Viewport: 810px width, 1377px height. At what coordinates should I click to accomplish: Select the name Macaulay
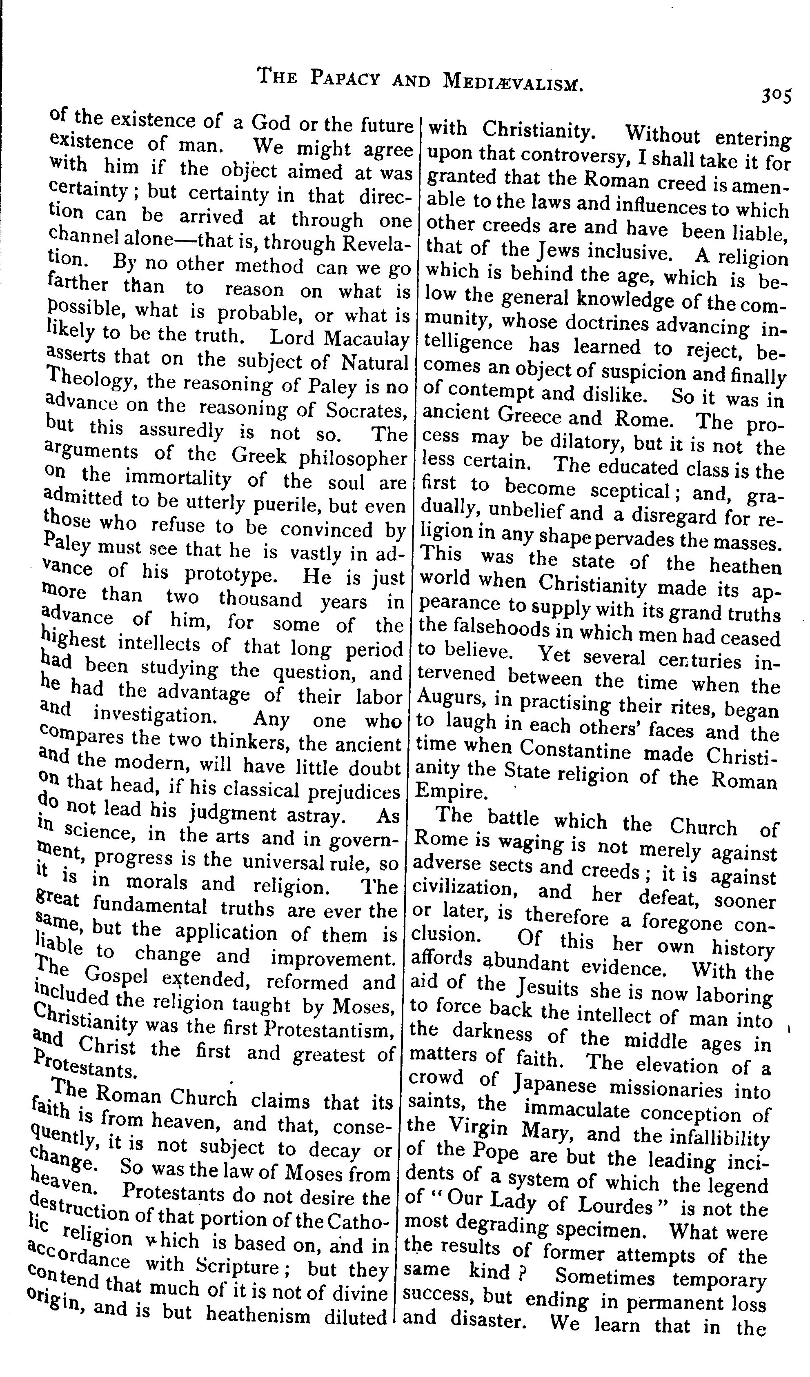pyautogui.click(x=366, y=338)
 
